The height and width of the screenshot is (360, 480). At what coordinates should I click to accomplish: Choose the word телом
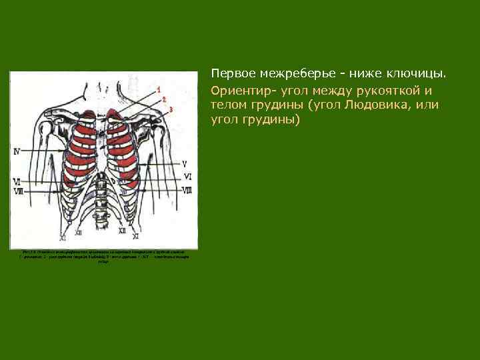(x=228, y=105)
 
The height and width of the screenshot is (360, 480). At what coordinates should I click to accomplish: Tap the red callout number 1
(x=158, y=89)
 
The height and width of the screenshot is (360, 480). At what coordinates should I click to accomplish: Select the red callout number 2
(x=164, y=99)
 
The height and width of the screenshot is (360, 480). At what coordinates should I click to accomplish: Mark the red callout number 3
(x=171, y=109)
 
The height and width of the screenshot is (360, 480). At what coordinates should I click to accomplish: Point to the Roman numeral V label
(x=185, y=163)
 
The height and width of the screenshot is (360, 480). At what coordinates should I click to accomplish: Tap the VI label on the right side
(x=187, y=177)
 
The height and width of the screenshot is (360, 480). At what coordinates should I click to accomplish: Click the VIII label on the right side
(x=187, y=191)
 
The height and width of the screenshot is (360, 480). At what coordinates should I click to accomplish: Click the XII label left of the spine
(x=78, y=232)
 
